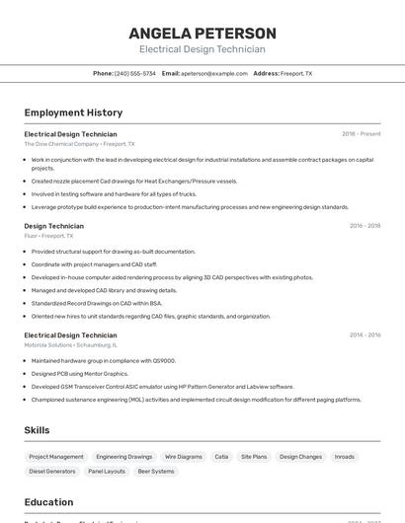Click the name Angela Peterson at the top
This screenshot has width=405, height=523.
point(202,34)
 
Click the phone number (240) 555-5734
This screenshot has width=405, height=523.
point(134,73)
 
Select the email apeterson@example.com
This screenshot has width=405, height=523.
point(213,73)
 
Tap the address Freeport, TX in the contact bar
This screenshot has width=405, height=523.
point(295,73)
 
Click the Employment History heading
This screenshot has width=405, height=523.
point(73,112)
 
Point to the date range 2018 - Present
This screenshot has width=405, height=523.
point(361,134)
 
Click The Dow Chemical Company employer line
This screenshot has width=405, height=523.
point(79,144)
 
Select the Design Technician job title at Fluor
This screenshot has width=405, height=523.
point(53,226)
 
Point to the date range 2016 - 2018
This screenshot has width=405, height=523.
point(364,226)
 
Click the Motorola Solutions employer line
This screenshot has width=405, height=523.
point(70,345)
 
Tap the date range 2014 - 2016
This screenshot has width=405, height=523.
point(364,336)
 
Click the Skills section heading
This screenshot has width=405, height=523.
point(37,430)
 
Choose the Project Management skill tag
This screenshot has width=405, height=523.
point(56,457)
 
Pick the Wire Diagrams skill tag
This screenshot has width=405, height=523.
point(184,457)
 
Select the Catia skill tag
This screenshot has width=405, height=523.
point(221,457)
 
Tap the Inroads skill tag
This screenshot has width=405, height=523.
point(345,457)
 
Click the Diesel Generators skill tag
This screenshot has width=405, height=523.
point(52,472)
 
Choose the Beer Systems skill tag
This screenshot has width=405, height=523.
point(156,472)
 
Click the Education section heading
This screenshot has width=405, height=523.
point(48,502)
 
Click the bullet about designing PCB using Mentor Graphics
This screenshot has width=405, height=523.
point(80,374)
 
